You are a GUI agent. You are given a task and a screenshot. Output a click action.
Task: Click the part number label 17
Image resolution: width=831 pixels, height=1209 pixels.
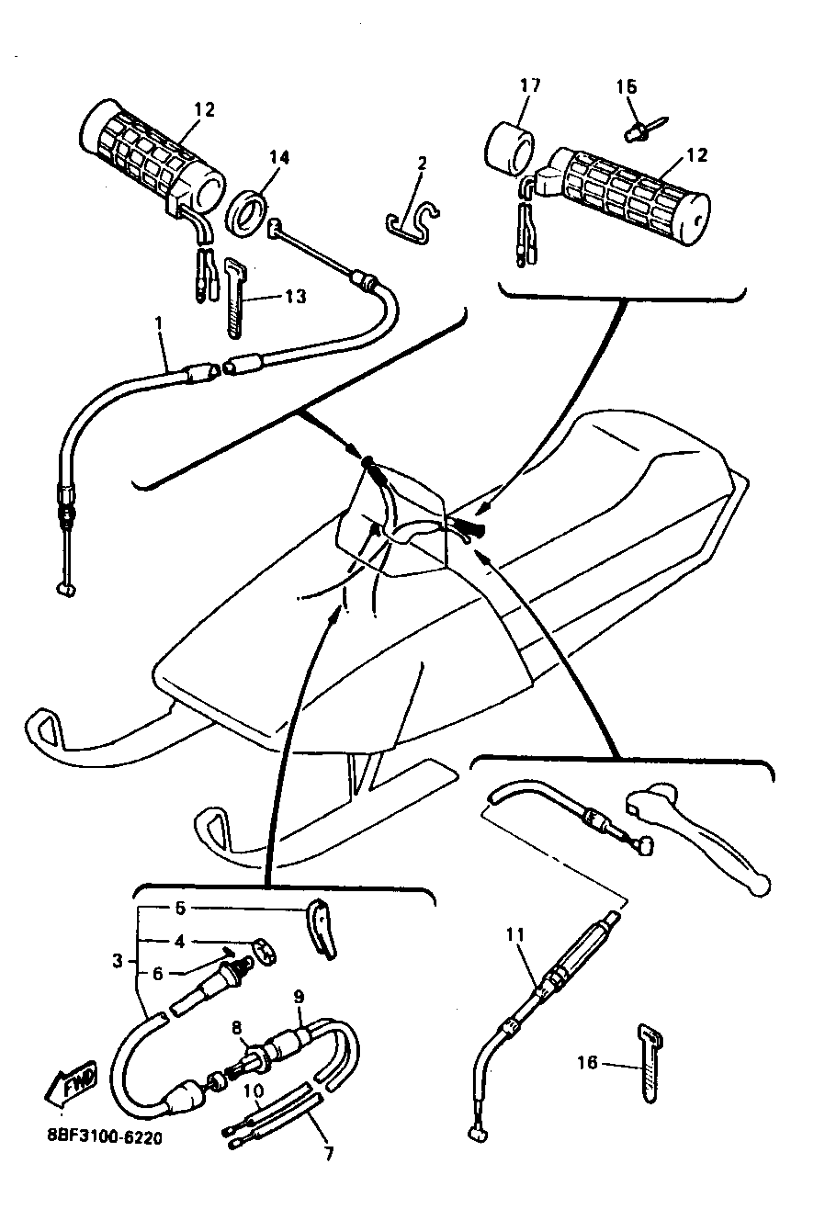click(x=530, y=86)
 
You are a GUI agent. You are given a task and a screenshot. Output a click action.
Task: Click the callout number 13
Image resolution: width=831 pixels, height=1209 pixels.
click(x=296, y=297)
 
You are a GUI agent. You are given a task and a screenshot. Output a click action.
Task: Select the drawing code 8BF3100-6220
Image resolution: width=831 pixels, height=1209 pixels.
click(x=105, y=1138)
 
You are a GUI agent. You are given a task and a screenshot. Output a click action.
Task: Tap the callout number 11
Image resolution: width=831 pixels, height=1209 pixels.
click(x=515, y=935)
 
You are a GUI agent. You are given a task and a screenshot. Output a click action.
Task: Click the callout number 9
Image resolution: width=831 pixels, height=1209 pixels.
click(x=298, y=998)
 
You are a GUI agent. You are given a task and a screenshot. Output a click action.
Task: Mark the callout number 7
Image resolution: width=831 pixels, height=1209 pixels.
click(x=328, y=1153)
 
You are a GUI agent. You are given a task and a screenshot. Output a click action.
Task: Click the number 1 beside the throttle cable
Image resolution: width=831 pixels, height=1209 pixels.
click(x=159, y=324)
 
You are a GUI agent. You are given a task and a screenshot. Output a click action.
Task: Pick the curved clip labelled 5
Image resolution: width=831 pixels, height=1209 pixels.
click(x=323, y=931)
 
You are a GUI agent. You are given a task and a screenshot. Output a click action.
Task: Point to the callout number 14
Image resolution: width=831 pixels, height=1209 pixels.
click(x=279, y=158)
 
